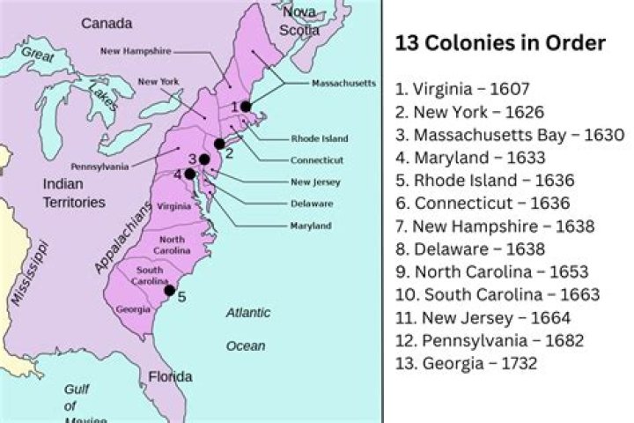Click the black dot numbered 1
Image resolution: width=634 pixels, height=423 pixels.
(246, 107)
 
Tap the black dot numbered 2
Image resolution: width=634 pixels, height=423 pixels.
(219, 144)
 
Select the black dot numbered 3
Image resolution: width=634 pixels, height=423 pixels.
(204, 159)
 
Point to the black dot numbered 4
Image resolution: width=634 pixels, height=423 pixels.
(189, 174)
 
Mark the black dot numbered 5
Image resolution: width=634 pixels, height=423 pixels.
(169, 290)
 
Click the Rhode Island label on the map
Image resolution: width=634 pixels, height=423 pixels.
(319, 138)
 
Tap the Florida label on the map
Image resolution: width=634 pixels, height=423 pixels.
(170, 376)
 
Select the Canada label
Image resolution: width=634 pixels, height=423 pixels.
(107, 23)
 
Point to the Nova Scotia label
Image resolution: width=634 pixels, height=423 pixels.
(299, 20)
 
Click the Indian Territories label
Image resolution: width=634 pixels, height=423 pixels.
(74, 193)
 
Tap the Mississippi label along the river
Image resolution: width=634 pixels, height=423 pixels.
(28, 273)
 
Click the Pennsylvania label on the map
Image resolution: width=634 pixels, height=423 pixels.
(100, 166)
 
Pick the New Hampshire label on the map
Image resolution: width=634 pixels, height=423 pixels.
(146, 51)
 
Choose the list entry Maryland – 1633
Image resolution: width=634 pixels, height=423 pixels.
(470, 158)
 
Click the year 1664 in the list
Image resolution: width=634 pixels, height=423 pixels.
(552, 317)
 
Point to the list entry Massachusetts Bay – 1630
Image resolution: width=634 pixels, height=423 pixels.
(510, 135)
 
